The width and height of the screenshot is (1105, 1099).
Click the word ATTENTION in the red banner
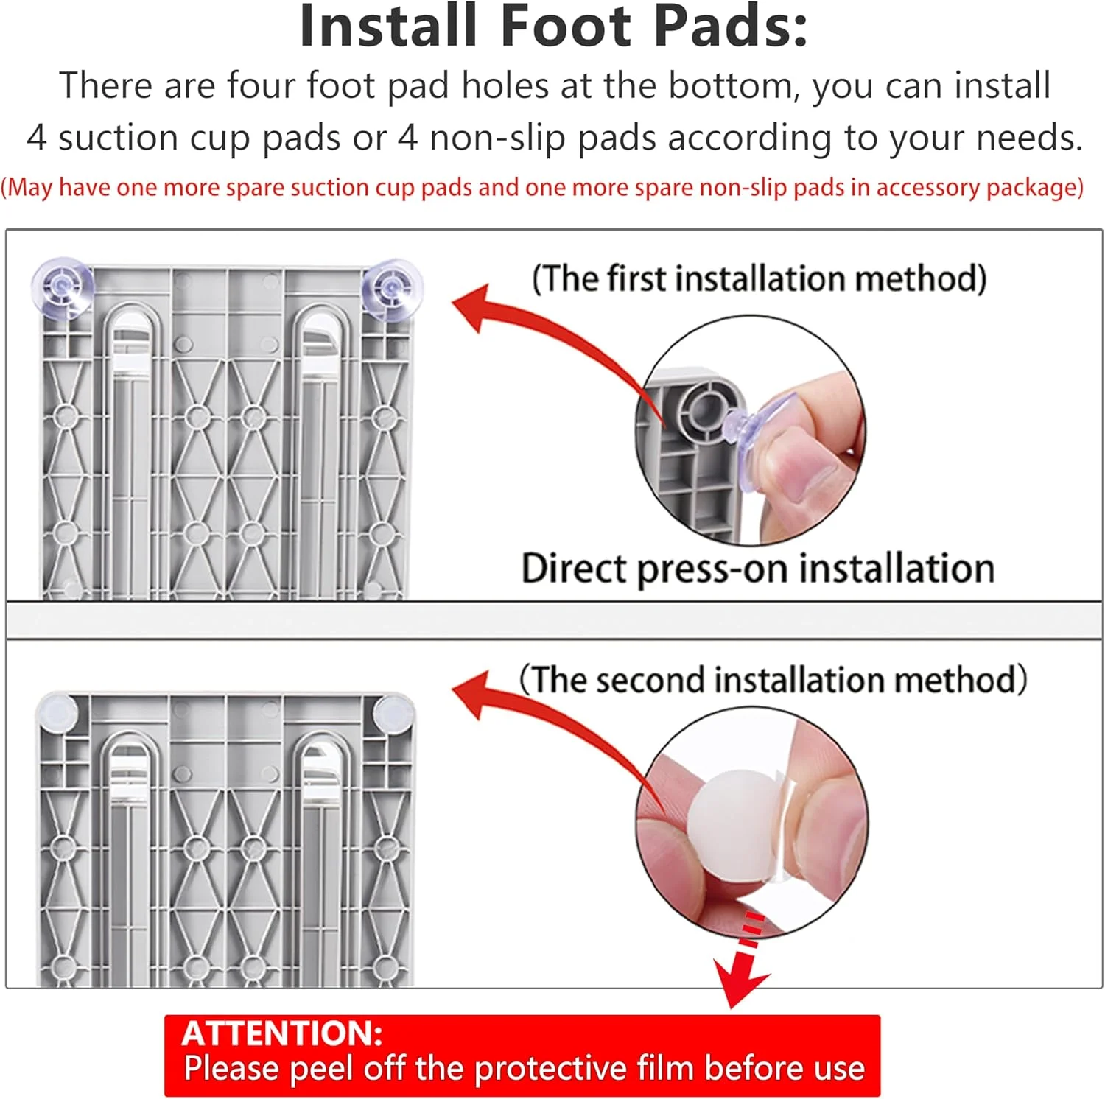point(282,1033)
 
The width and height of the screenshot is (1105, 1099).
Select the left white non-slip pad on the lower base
point(57,712)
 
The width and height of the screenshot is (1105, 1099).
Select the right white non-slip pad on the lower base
point(393,712)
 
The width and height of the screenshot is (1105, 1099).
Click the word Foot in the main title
point(566,27)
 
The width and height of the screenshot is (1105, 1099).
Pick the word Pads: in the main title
point(730,27)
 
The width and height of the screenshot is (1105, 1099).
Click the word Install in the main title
point(388,27)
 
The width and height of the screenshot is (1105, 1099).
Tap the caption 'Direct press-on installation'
point(758,569)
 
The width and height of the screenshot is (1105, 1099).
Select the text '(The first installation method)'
point(759,279)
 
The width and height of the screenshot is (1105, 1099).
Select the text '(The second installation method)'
point(773,679)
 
